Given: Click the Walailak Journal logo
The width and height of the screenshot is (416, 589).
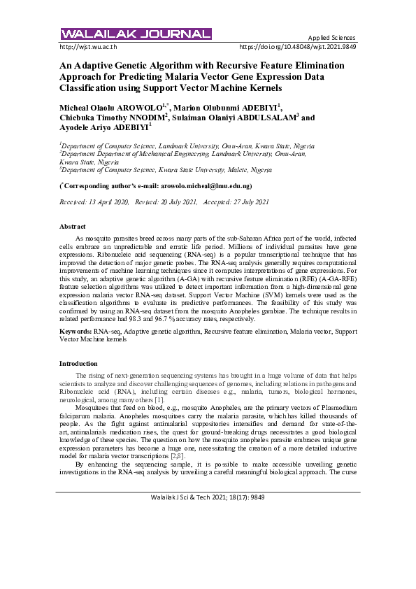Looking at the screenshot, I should click(x=136, y=34).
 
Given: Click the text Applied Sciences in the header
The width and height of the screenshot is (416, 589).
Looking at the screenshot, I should click(x=332, y=38).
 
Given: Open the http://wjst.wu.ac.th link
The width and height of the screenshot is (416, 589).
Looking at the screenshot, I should click(x=89, y=48).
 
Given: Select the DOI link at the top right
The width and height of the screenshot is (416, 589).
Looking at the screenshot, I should click(x=297, y=48).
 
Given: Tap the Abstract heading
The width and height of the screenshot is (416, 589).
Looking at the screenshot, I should click(x=73, y=227).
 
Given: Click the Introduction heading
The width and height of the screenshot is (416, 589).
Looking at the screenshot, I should click(x=78, y=364).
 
